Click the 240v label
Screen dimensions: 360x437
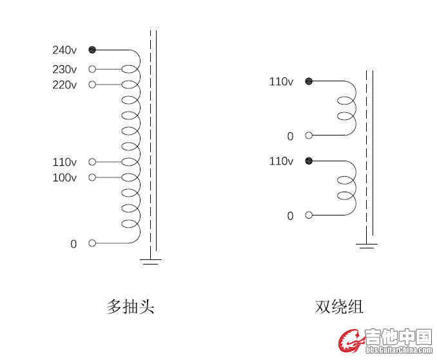[x=64, y=50]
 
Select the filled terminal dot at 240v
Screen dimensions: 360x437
[x=92, y=50]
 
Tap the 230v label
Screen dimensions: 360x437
[x=64, y=69]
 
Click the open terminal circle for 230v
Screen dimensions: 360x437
[x=92, y=69]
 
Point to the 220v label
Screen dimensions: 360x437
[x=64, y=85]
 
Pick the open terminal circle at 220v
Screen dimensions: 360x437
[x=92, y=85]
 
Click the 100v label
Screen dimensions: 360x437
[x=64, y=177]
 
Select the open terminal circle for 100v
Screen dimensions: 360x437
[x=92, y=177]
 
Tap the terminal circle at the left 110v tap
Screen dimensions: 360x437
[x=92, y=162]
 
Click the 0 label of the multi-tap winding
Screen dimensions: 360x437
[x=73, y=244]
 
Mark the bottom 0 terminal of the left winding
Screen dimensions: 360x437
[x=92, y=243]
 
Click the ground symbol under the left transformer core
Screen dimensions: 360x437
[x=151, y=261]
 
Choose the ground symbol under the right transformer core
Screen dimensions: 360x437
[x=367, y=245]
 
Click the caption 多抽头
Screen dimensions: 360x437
[x=130, y=306]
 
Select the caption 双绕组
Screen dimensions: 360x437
[x=339, y=306]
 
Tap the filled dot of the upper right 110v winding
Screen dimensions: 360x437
[x=309, y=81]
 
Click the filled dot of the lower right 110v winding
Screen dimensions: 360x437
[x=309, y=161]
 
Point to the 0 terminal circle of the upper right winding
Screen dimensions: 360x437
[x=309, y=135]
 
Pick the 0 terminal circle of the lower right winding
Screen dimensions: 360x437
[x=309, y=215]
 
